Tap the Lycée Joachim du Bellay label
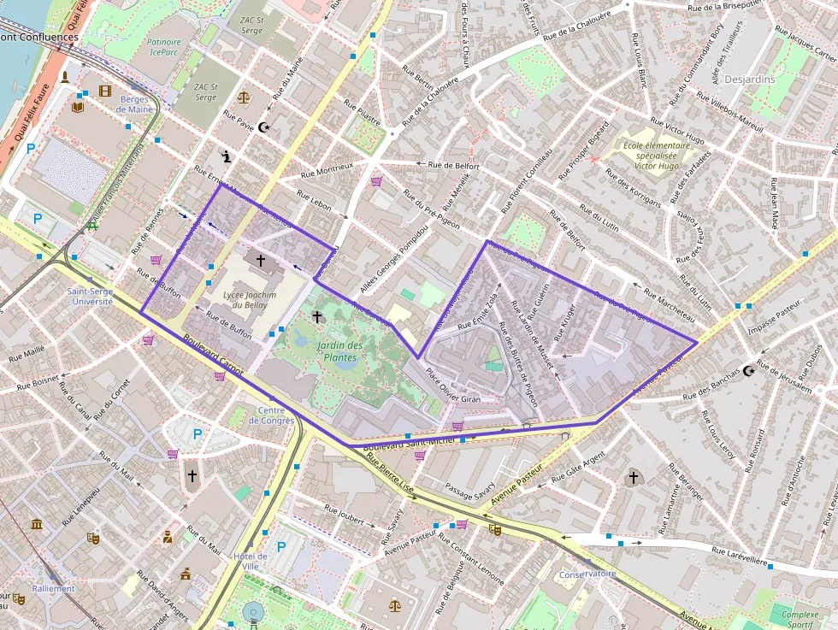point(249,298)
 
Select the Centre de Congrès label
point(270,415)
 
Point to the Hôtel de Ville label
point(250,561)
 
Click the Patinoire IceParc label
point(163,46)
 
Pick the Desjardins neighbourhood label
point(749,79)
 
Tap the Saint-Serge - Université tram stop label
point(90,296)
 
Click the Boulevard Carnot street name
point(213,353)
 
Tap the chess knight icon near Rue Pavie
point(226,156)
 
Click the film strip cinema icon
point(104,91)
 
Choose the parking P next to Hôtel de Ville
point(280,546)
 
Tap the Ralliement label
point(53,588)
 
